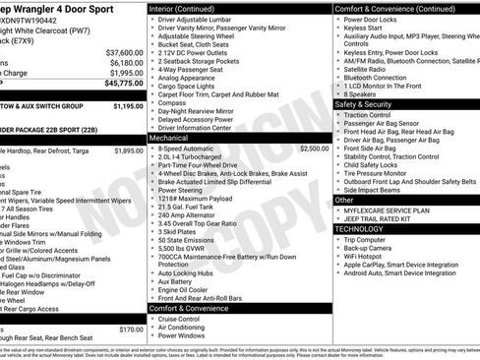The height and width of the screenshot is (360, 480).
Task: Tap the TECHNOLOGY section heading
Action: tap(360, 228)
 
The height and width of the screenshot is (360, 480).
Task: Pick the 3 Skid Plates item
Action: tap(180, 231)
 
